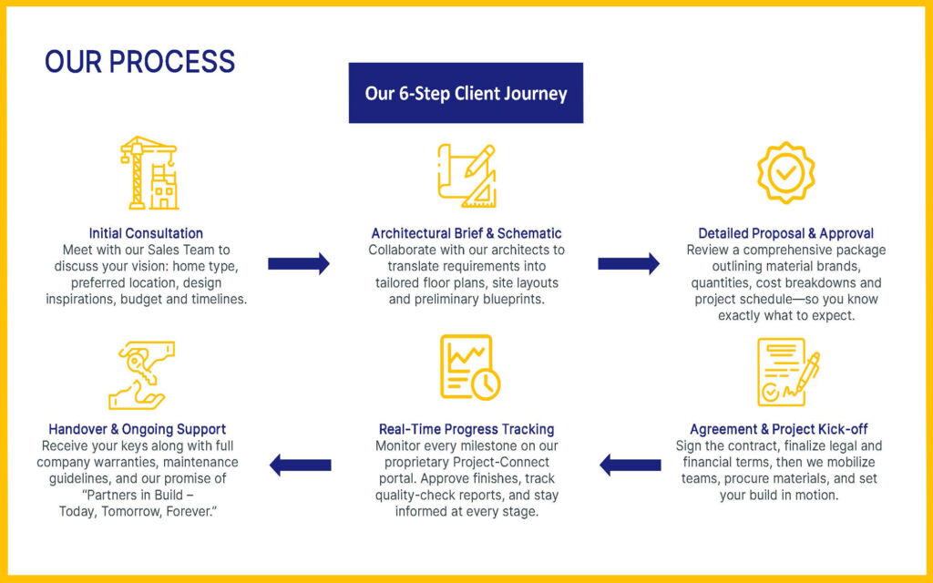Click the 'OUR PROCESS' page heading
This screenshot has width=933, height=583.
[139, 62]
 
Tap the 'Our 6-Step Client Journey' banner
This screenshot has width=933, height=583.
[466, 93]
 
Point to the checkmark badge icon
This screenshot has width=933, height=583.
[785, 172]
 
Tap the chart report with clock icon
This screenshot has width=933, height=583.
[468, 367]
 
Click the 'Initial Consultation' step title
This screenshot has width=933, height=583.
[146, 233]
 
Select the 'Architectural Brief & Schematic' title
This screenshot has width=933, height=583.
[466, 233]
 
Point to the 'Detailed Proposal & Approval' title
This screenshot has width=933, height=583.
[785, 233]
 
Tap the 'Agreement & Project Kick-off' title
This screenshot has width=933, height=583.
[779, 429]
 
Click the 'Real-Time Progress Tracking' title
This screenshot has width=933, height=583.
[466, 429]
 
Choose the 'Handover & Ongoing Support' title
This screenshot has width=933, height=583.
[138, 429]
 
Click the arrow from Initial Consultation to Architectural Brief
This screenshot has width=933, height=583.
[299, 264]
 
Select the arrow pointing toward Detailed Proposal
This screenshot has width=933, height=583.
[629, 264]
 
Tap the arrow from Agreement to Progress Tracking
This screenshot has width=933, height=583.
[630, 465]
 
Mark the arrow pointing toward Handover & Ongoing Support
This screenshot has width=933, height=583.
[300, 465]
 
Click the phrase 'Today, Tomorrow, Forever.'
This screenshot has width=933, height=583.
[137, 511]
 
